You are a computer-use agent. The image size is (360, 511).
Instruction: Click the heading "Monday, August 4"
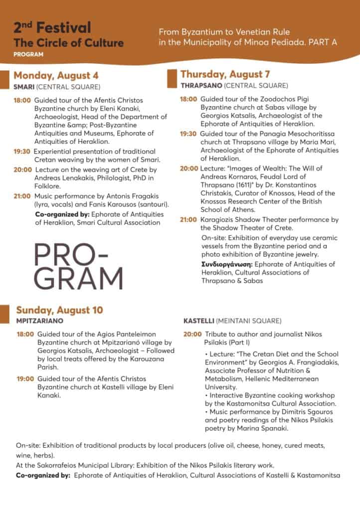tap(56, 76)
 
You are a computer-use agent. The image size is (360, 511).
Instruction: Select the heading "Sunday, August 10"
tap(59, 310)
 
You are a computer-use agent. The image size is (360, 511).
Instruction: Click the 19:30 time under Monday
tap(22, 151)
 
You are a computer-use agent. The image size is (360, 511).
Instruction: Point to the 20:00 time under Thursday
tap(189, 168)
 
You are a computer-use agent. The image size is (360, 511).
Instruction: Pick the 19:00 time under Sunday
tap(25, 379)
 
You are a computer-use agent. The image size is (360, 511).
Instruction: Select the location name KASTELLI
tap(199, 320)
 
